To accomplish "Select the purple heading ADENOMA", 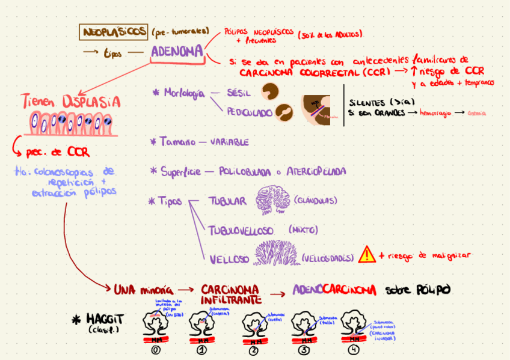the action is [x=177, y=52].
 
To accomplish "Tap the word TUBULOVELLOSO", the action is [x=241, y=230].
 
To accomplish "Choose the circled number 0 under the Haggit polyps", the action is [x=156, y=351].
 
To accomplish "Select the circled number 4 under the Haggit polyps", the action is [x=352, y=351].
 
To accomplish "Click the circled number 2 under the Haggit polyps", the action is [x=253, y=352].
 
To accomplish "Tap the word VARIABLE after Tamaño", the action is [x=229, y=142].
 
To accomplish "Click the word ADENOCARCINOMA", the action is [x=334, y=290].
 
